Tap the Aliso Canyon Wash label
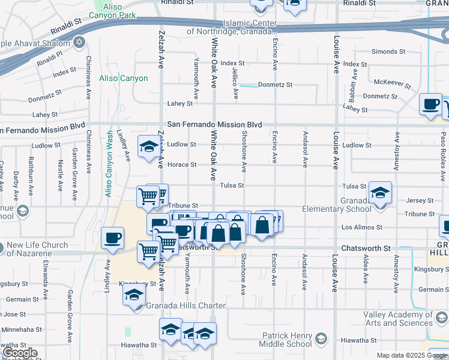pos(109,164)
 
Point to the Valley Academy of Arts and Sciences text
pos(397,319)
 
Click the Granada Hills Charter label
pos(185,305)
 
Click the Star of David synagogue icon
pos(79,43)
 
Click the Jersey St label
pos(420,200)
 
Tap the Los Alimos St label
pos(362,227)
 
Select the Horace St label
pos(182,165)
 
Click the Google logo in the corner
pos(20,353)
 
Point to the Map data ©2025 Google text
pos(411,355)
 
